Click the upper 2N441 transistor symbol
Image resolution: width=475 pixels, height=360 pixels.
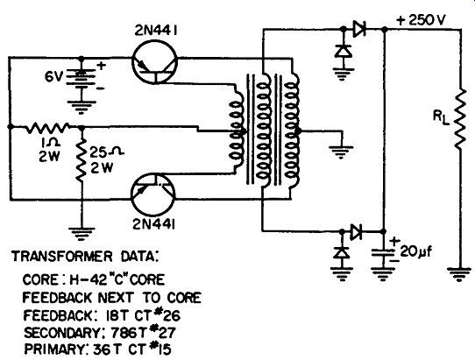pos(154,62)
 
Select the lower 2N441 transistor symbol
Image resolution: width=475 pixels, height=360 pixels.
pos(153,195)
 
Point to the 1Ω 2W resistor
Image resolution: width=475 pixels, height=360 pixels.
pos(47,128)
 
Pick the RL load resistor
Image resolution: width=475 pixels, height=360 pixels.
pos(460,119)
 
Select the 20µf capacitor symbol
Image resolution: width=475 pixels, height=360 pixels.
pos(384,253)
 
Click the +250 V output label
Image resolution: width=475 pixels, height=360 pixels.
pos(421,20)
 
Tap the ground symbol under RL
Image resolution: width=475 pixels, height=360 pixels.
pos(460,274)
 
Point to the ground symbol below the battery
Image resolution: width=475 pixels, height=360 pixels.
pos(81,107)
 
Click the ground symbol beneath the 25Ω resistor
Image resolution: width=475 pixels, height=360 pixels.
pos(81,234)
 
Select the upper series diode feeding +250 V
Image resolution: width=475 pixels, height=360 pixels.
pos(359,29)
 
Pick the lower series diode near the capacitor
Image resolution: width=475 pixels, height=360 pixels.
pos(356,232)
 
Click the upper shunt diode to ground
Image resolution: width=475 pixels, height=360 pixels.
pos(344,51)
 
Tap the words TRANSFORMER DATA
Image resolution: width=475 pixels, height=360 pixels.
pos(85,257)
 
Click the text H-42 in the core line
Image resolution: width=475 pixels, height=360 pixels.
pos(88,279)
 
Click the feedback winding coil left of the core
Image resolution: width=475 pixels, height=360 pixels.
pos(237,131)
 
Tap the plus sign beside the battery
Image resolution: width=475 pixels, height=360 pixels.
pos(102,66)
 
